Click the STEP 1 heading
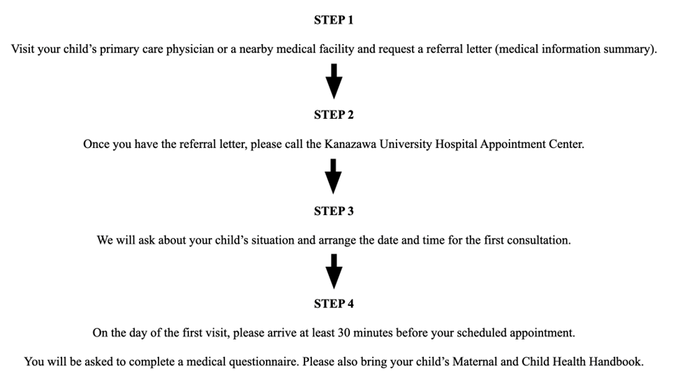[334, 20]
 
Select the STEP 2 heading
[334, 115]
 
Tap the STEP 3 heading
[334, 211]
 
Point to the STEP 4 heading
[334, 304]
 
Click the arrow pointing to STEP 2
[334, 81]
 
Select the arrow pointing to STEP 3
[334, 176]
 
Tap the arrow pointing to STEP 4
[334, 271]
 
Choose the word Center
[565, 145]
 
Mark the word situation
[269, 240]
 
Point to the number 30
[344, 333]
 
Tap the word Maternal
[475, 362]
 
